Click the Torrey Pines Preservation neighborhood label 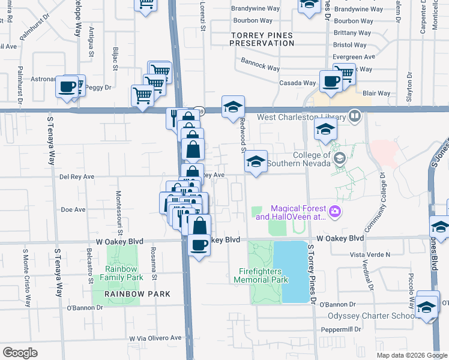tap(263, 39)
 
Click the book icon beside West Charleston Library tap(355, 115)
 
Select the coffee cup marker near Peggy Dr tap(66, 86)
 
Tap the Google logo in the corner tap(20, 353)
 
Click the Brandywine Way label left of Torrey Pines tap(257, 10)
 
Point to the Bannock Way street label tap(260, 64)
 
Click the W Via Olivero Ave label tap(155, 338)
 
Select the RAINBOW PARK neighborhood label tap(137, 294)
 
